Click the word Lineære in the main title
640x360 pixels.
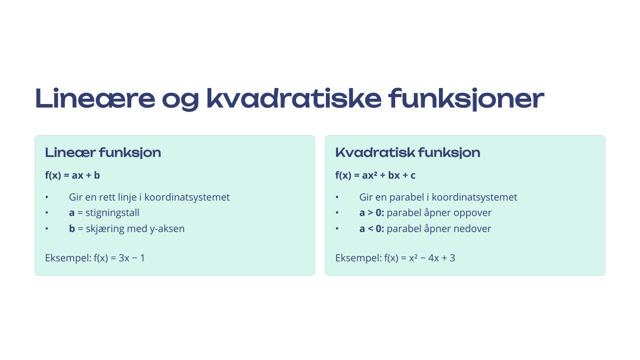pos(95,98)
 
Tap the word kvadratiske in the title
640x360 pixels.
pos(294,98)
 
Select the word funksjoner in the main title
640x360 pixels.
pos(466,99)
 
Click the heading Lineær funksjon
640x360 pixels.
pos(103,153)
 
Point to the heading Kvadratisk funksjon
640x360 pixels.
pos(407,153)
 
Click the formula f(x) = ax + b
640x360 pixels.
pos(73,175)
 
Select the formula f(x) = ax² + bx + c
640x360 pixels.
pos(375,175)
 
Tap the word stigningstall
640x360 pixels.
pos(113,213)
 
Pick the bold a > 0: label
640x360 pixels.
pos(372,213)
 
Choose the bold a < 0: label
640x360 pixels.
pos(372,229)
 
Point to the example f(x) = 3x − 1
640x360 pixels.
pos(119,258)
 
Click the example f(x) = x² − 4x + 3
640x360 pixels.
pos(420,258)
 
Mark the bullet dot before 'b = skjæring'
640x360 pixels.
pos(47,229)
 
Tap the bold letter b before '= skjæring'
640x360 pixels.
pos(72,229)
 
